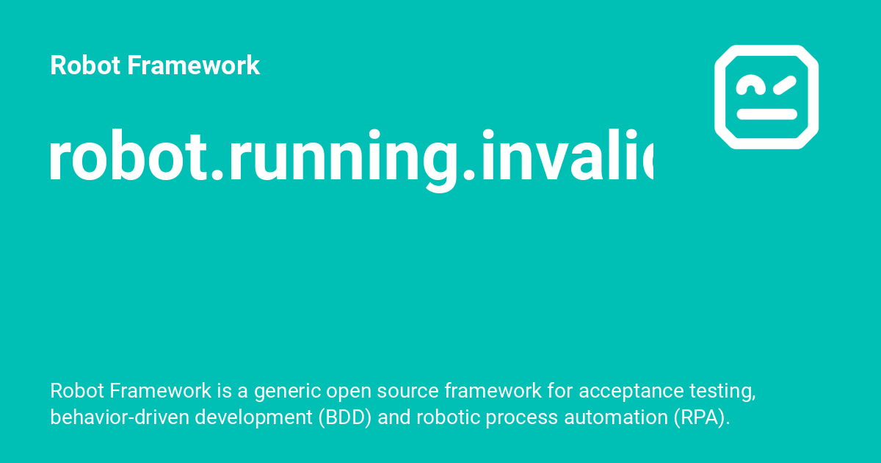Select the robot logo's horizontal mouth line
(766, 115)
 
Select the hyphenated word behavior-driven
(106, 417)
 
